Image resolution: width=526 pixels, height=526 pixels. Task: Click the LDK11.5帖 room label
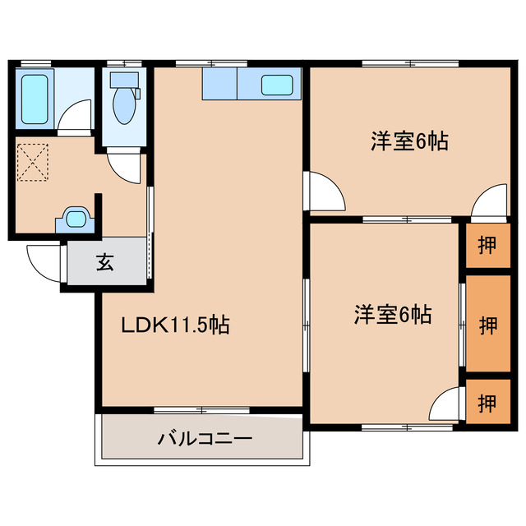tap(175, 325)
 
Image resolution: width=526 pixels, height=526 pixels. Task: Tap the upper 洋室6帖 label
tap(408, 141)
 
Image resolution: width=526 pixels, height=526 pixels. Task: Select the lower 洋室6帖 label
tap(393, 314)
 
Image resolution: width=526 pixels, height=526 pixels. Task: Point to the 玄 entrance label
tap(105, 263)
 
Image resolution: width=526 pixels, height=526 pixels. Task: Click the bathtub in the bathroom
tap(35, 99)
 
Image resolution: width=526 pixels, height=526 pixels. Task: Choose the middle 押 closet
tap(487, 323)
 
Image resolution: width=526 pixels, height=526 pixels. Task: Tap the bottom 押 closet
tap(487, 403)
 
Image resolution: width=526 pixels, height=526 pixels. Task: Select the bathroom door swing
tap(76, 118)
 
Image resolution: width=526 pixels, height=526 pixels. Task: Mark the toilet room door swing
tap(127, 166)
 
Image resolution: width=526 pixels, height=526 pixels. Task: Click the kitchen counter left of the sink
tap(219, 84)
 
